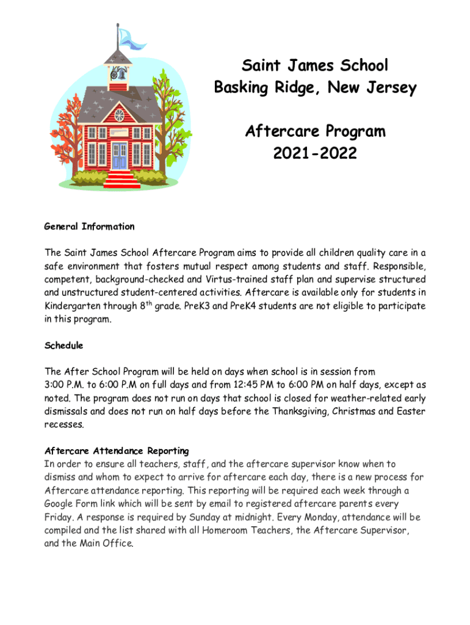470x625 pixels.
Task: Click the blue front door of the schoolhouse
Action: [119, 155]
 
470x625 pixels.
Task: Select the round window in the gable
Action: [120, 115]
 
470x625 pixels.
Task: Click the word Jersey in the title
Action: [388, 88]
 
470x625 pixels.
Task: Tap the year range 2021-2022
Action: [315, 153]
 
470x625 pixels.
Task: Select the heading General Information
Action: [89, 226]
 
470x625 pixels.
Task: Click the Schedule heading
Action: [63, 345]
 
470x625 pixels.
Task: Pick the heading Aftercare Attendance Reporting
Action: [117, 451]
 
